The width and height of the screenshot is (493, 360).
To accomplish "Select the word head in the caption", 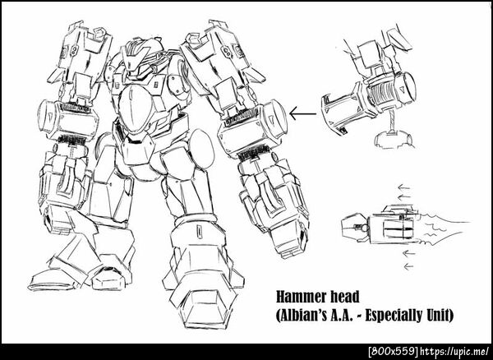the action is [x=346, y=297].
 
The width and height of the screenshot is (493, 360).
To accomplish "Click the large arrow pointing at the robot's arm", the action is [x=302, y=113].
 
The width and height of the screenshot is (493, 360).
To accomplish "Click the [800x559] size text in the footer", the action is [x=393, y=351].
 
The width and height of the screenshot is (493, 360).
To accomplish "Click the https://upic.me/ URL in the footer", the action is [x=454, y=351].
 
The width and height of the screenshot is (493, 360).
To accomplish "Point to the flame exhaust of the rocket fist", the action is [x=444, y=228].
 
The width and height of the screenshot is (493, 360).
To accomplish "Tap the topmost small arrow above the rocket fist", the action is [x=403, y=187].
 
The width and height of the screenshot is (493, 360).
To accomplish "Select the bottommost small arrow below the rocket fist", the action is [x=408, y=266].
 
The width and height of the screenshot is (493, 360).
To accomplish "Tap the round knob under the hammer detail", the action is [x=394, y=139].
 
